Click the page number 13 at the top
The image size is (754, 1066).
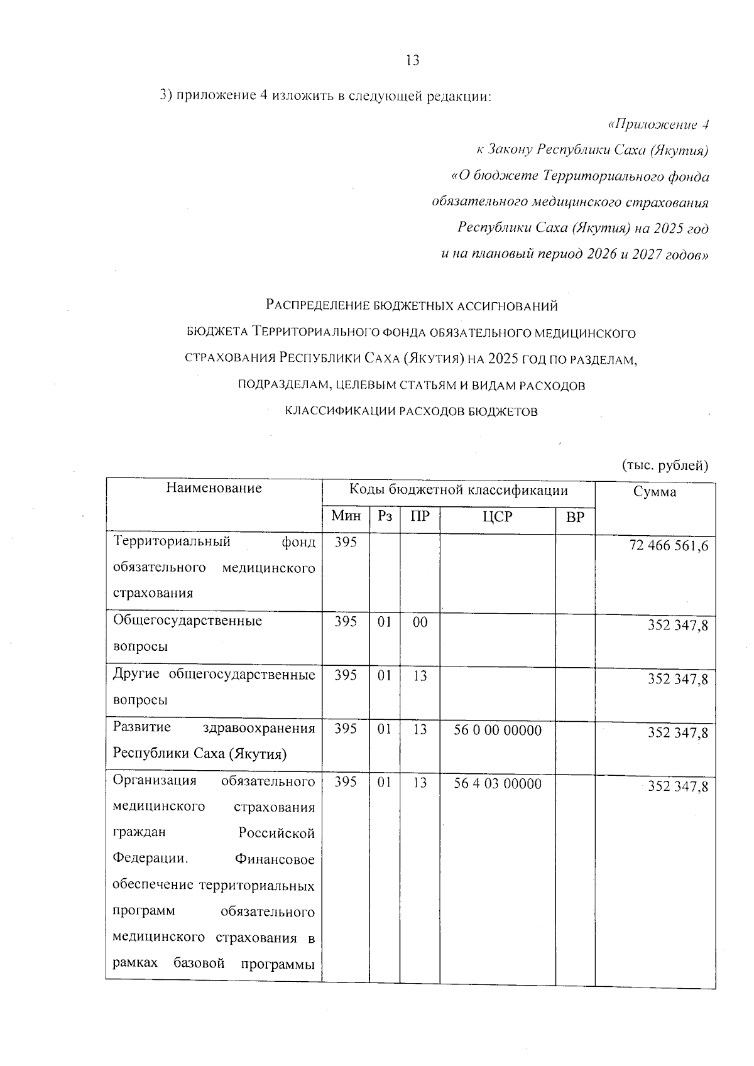click(x=412, y=60)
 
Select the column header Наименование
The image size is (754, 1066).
click(x=214, y=488)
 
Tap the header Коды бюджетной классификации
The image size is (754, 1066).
click(x=458, y=490)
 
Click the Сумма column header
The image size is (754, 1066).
click(x=655, y=491)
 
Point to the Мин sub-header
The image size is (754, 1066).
click(x=346, y=516)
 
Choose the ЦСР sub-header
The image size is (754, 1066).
click(x=497, y=517)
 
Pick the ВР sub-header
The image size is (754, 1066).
click(x=575, y=517)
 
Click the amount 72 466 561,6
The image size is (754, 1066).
click(x=669, y=545)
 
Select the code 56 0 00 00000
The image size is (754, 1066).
click(x=497, y=730)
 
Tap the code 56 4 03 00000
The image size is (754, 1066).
click(x=497, y=783)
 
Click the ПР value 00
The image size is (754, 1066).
click(x=420, y=622)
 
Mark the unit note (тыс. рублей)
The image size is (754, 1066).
click(x=665, y=465)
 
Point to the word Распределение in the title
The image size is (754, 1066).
click(x=317, y=306)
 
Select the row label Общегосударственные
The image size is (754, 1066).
click(x=187, y=621)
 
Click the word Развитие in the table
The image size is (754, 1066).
click(x=141, y=727)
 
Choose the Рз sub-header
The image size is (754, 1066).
click(x=385, y=516)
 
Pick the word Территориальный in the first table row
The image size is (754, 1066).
click(x=172, y=541)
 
